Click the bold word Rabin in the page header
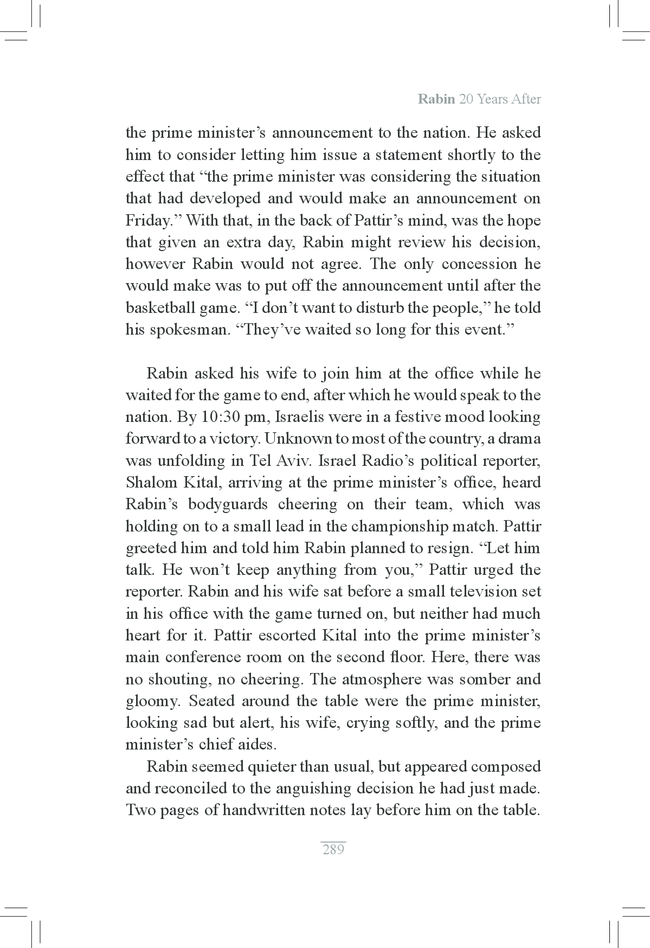436,99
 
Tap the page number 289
333,849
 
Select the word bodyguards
228,504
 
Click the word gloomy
152,701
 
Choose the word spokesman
185,330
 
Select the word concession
479,264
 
